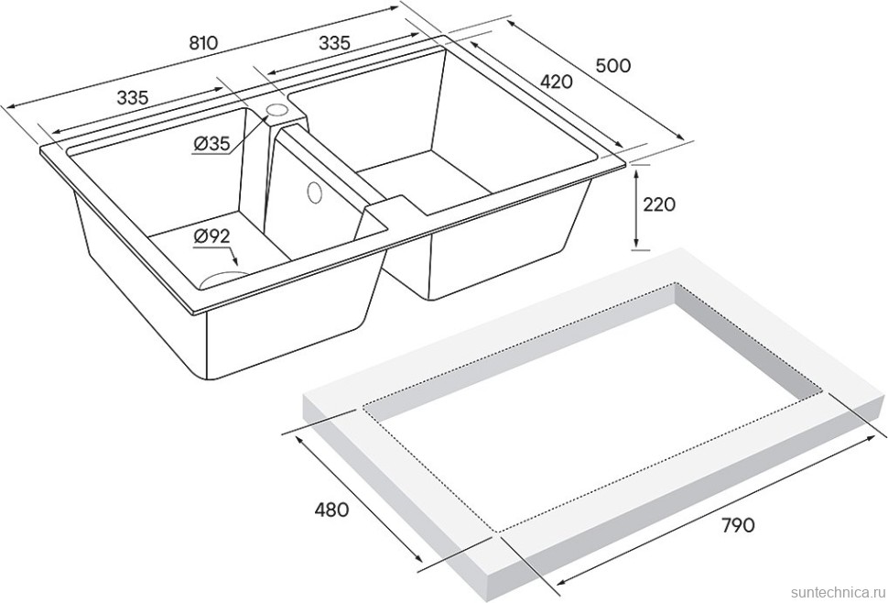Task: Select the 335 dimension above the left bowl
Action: (x=133, y=98)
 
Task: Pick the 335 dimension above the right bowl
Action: (x=335, y=43)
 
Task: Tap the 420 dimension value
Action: (x=556, y=82)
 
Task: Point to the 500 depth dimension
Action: (x=612, y=66)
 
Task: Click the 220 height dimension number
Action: (x=659, y=204)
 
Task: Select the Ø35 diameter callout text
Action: (x=211, y=145)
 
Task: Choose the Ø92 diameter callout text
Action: (x=211, y=236)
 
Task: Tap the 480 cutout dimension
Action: (x=331, y=510)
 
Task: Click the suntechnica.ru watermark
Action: (x=839, y=592)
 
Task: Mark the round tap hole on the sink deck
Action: (x=277, y=109)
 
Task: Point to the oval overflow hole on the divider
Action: (x=313, y=192)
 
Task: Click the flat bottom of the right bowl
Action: (x=425, y=182)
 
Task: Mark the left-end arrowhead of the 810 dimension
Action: (x=9, y=106)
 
